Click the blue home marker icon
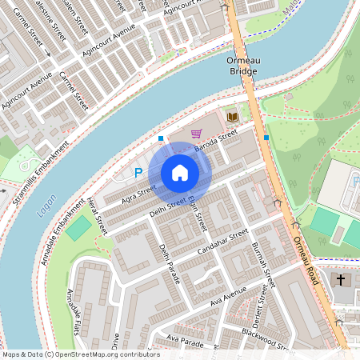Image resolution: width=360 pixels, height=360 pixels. [180, 173]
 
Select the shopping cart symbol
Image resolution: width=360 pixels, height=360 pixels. [197, 134]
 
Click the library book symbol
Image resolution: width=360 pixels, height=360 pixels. [232, 117]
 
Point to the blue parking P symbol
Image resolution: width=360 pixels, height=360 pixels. [138, 172]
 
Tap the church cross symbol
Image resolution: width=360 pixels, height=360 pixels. [341, 280]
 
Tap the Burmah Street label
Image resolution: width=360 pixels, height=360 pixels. [264, 265]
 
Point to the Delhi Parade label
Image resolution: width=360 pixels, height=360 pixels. [170, 263]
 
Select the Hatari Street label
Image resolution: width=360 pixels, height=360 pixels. [97, 215]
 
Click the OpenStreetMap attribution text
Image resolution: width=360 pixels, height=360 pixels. [80, 354]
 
